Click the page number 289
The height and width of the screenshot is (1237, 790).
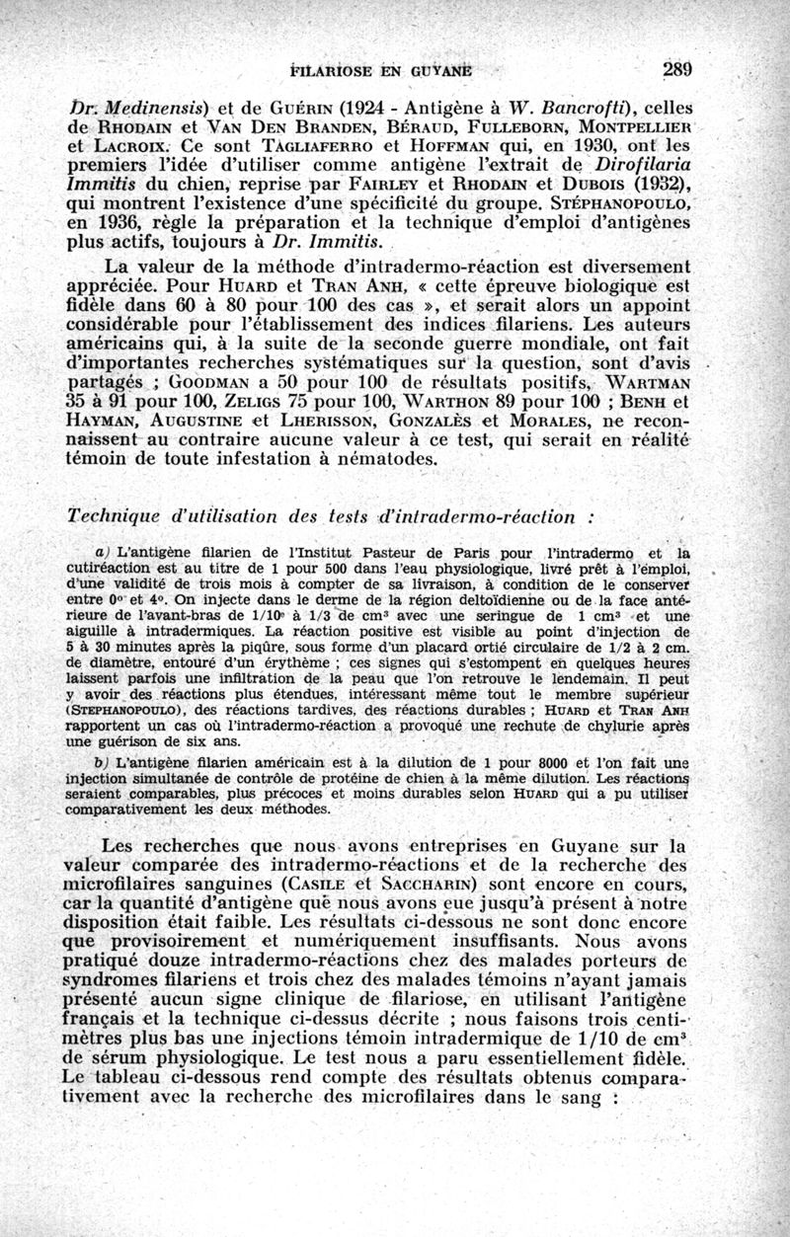tap(677, 69)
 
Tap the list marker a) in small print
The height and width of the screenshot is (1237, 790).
tap(101, 554)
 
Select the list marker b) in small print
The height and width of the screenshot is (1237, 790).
tap(100, 760)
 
